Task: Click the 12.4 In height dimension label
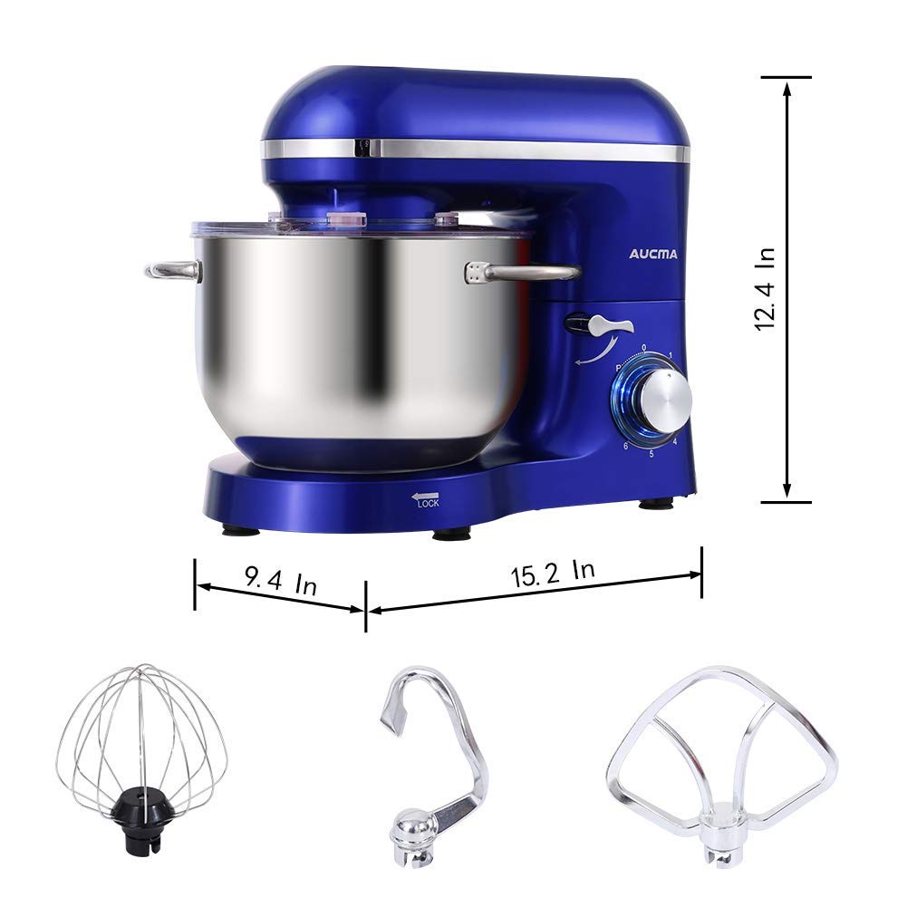click(x=766, y=290)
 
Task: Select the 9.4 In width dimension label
click(x=280, y=580)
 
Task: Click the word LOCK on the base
click(x=428, y=505)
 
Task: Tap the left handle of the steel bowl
click(x=173, y=269)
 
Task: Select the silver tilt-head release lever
click(x=598, y=324)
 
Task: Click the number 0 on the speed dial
click(x=644, y=347)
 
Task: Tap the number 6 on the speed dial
click(x=625, y=446)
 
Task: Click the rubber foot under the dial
click(x=656, y=504)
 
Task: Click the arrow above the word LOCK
click(x=424, y=496)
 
